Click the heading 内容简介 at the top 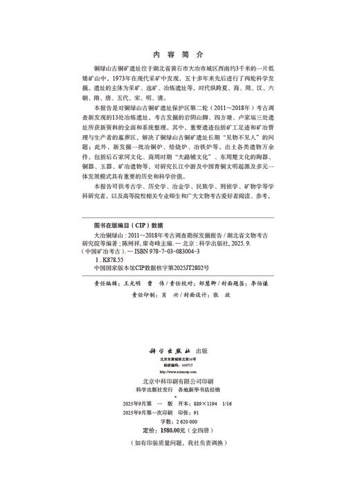coord(179,53)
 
